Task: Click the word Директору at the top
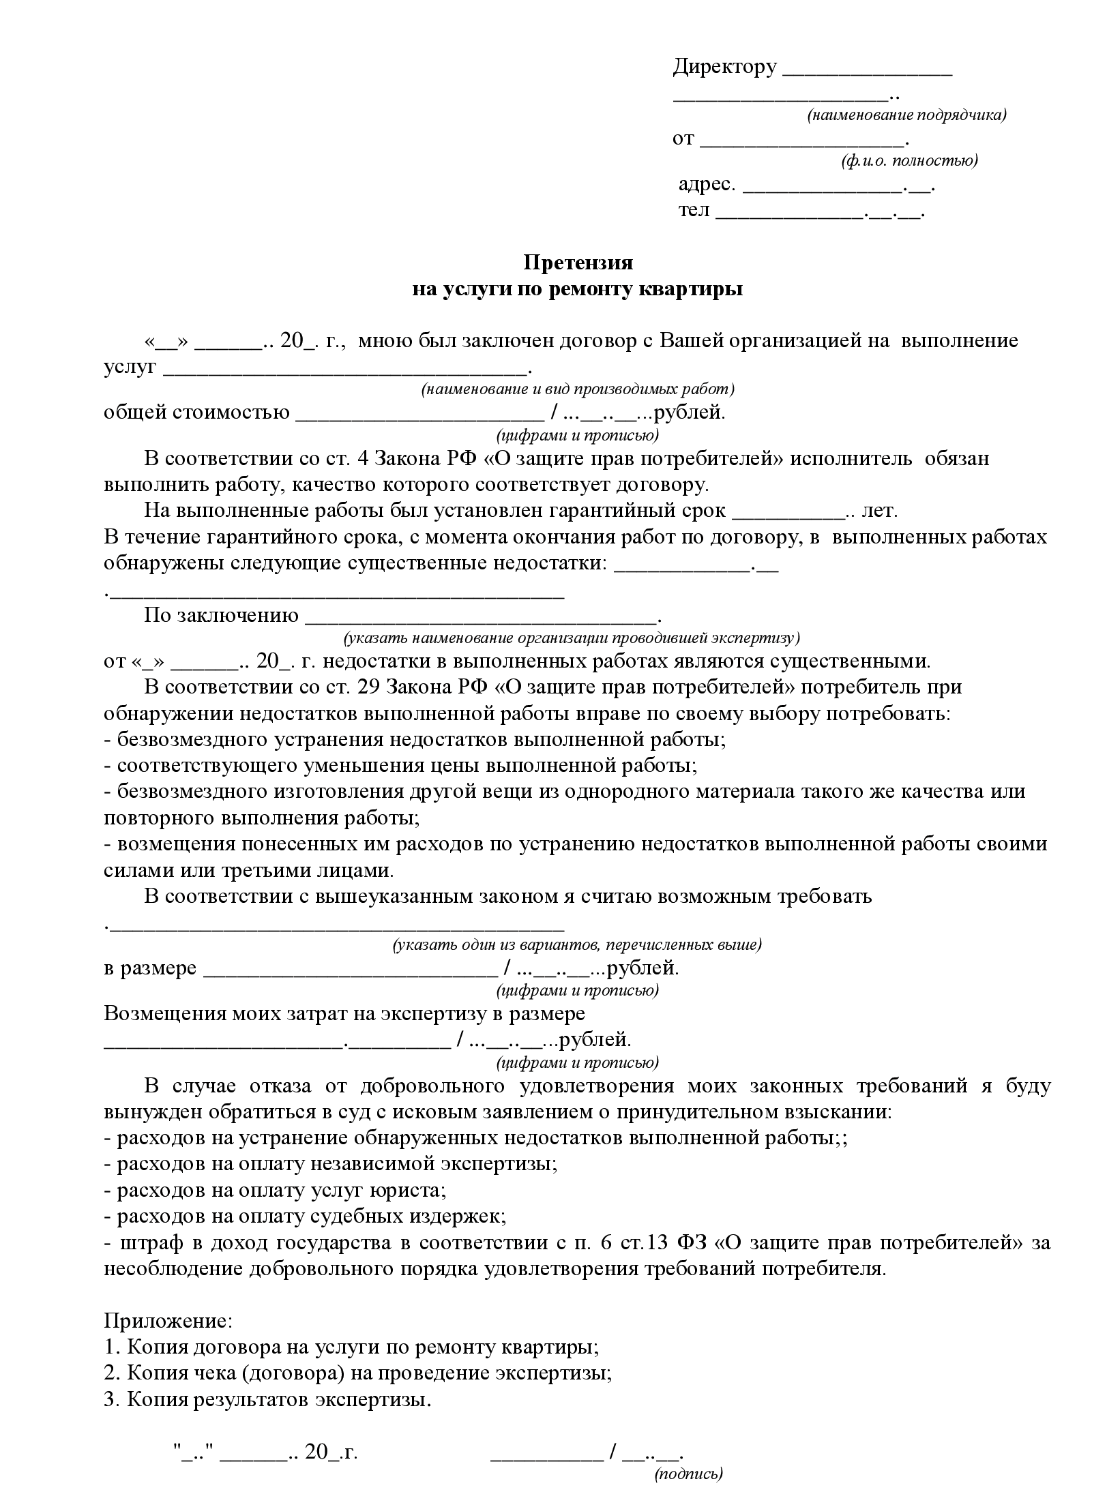pyautogui.click(x=724, y=67)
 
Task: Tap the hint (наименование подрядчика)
pyautogui.click(x=906, y=115)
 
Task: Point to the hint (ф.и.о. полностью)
pyautogui.click(x=909, y=161)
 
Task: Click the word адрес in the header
pyautogui.click(x=706, y=184)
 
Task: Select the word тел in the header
pyautogui.click(x=694, y=210)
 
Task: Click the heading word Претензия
pyautogui.click(x=578, y=263)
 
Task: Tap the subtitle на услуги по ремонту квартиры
pyautogui.click(x=577, y=289)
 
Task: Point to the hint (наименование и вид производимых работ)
pyautogui.click(x=577, y=389)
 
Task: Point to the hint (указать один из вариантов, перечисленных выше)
pyautogui.click(x=577, y=945)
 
